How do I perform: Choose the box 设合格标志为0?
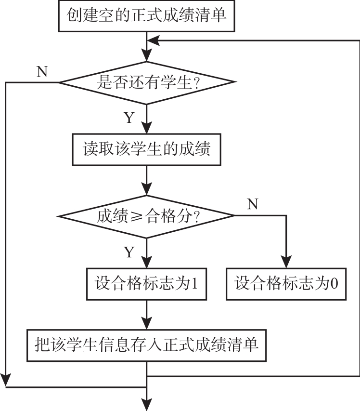pyautogui.click(x=287, y=283)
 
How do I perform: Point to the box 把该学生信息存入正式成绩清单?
pyautogui.click(x=147, y=345)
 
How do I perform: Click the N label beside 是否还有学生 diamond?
pyautogui.click(x=42, y=71)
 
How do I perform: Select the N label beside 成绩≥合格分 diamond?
pyautogui.click(x=252, y=204)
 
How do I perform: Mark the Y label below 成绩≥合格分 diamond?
pyautogui.click(x=129, y=252)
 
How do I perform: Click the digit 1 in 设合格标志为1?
pyautogui.click(x=194, y=283)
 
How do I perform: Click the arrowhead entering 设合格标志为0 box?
pyautogui.click(x=287, y=264)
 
